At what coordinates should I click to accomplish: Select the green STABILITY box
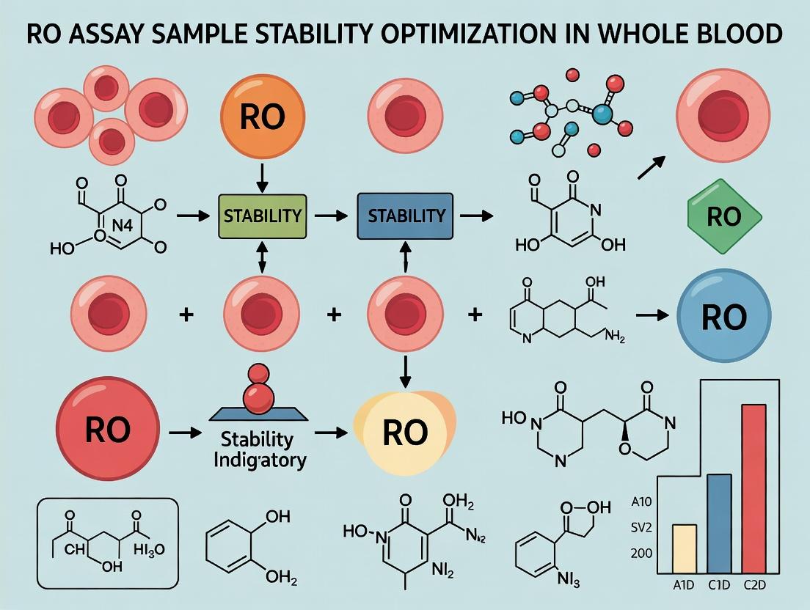pyautogui.click(x=261, y=216)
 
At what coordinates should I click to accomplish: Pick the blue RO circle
pyautogui.click(x=723, y=316)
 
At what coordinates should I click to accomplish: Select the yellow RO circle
pyautogui.click(x=404, y=433)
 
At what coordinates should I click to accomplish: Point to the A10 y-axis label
pyautogui.click(x=641, y=503)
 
